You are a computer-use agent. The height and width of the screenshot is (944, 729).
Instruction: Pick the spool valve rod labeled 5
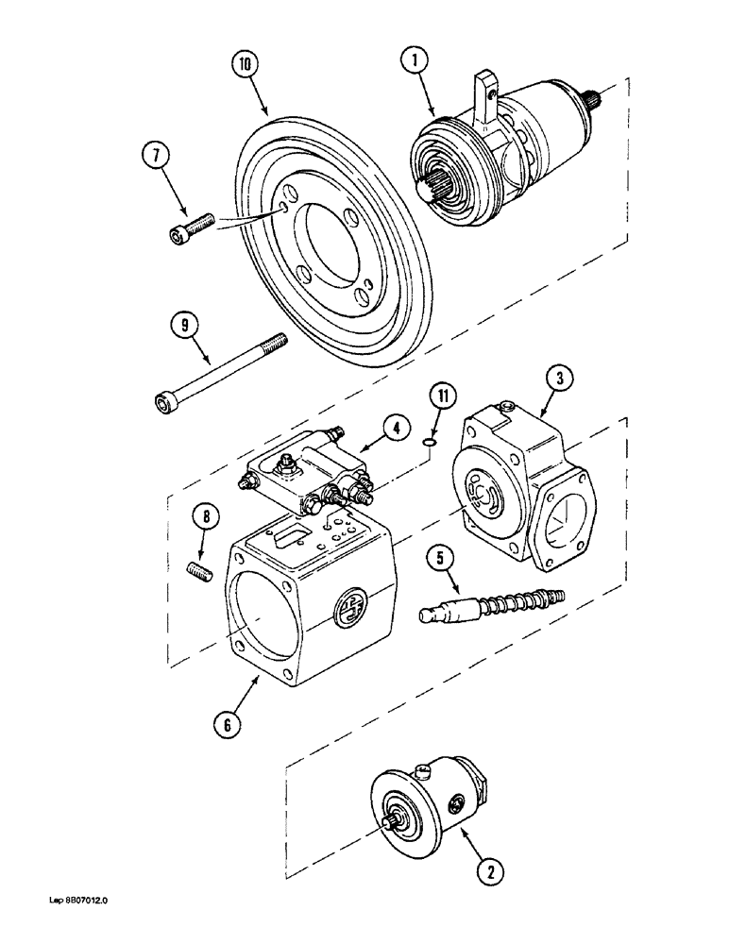click(x=491, y=607)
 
